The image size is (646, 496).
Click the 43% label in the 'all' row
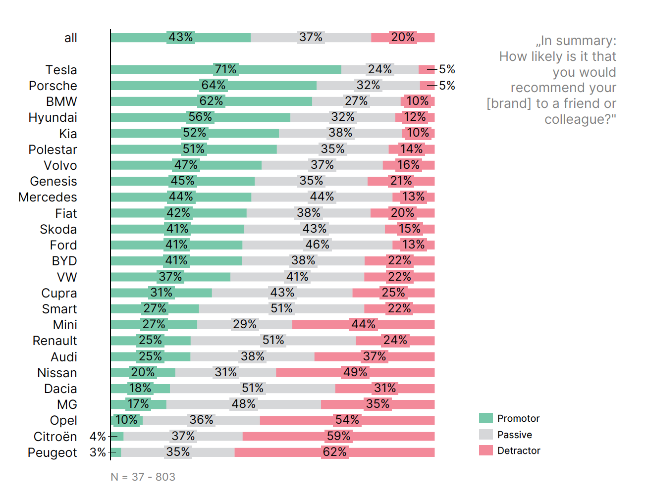(x=181, y=38)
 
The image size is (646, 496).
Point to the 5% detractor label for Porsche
(x=447, y=86)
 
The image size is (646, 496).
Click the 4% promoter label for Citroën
(x=98, y=437)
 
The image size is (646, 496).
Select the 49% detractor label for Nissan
(x=355, y=372)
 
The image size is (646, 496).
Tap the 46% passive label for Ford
(x=318, y=245)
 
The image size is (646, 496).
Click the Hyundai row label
(x=53, y=118)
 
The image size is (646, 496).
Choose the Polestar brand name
(x=53, y=149)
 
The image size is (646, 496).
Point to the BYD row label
(x=64, y=261)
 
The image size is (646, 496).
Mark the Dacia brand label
(x=60, y=389)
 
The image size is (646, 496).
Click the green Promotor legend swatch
(x=486, y=418)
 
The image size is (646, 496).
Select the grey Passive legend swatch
(x=486, y=435)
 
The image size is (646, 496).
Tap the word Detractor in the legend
(x=519, y=450)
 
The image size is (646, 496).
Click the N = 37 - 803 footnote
(x=143, y=477)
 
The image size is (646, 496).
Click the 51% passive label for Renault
(x=273, y=341)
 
